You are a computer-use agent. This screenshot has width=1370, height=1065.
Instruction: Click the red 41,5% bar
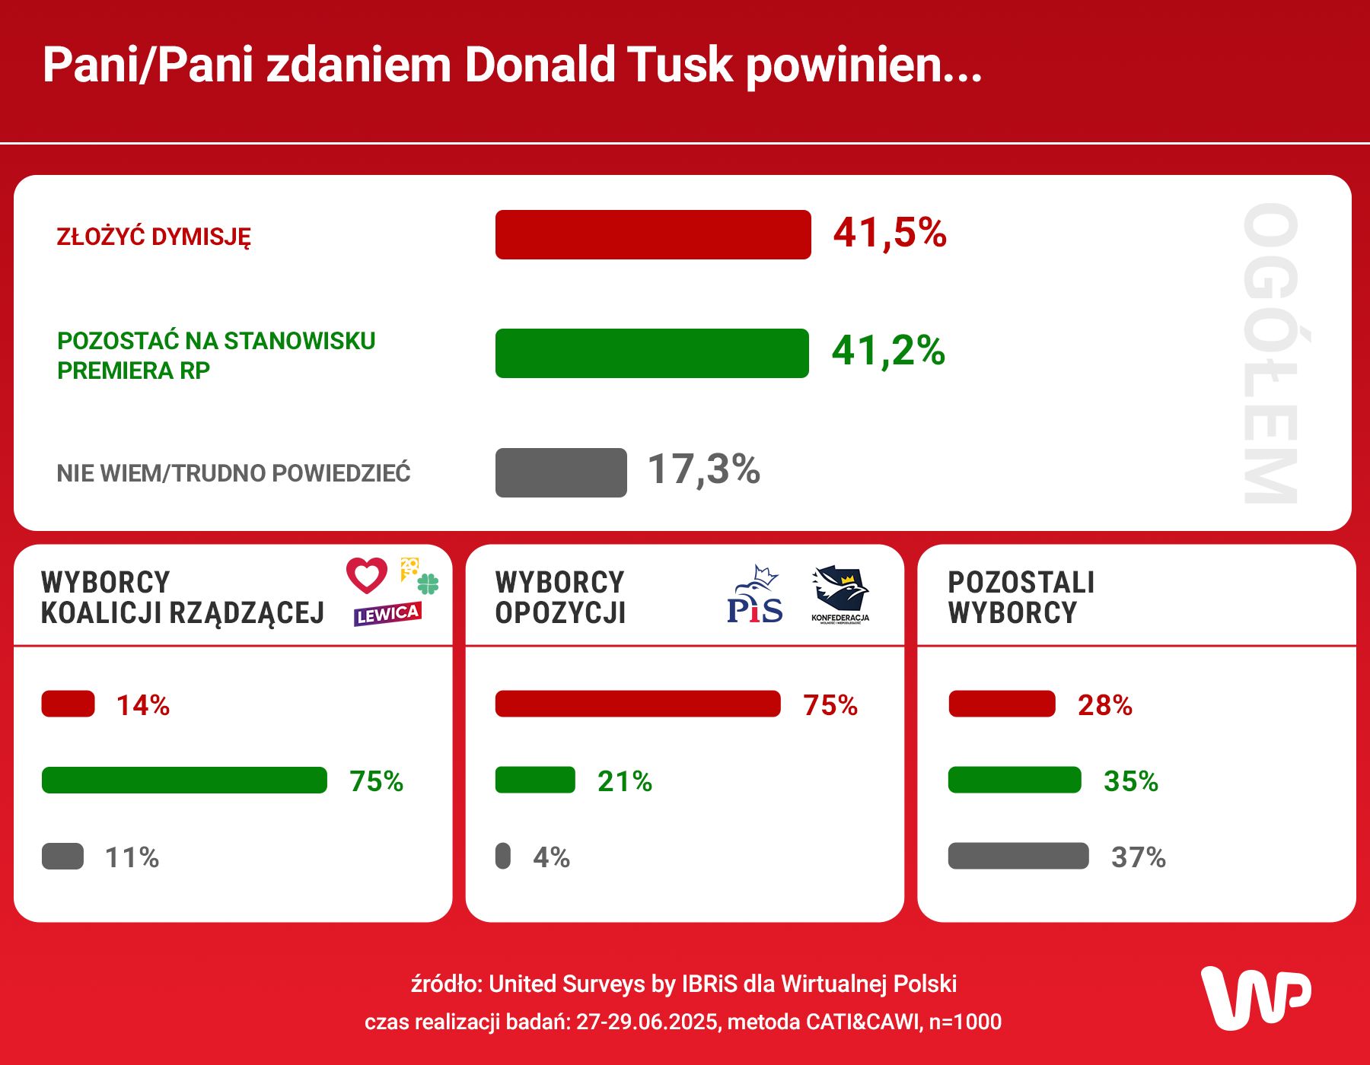pos(652,234)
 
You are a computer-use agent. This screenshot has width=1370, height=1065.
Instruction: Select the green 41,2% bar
pos(652,353)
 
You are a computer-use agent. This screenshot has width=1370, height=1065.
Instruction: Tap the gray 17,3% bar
pos(561,472)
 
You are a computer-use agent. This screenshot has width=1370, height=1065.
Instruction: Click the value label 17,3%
pos(703,469)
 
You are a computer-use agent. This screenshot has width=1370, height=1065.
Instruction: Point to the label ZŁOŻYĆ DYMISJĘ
pos(154,237)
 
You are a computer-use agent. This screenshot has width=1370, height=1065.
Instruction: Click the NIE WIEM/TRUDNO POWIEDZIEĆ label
pos(234,473)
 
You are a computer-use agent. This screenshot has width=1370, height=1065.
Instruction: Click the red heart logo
pos(367,575)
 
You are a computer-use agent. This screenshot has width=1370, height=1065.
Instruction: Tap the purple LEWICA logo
pos(387,614)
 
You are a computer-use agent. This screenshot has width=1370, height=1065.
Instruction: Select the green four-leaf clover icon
pos(429,584)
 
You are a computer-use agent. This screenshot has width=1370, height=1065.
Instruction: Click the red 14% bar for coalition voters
pos(68,704)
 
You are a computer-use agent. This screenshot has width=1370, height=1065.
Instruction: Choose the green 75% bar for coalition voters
pos(184,780)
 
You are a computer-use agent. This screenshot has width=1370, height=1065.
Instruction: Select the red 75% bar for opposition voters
pos(638,704)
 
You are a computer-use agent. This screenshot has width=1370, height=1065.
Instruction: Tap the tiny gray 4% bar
pos(503,856)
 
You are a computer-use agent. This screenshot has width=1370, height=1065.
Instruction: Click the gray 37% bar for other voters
pos(1018,856)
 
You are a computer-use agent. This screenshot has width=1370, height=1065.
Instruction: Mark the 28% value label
pos(1104,705)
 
